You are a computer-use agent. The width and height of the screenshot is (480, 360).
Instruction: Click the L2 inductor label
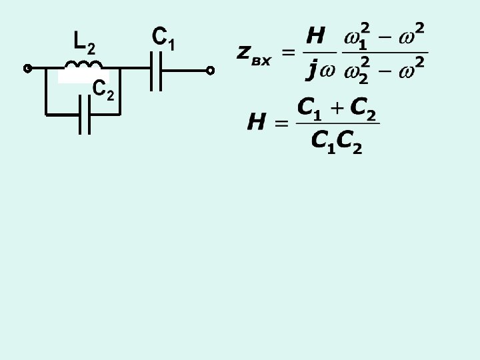pyautogui.click(x=84, y=43)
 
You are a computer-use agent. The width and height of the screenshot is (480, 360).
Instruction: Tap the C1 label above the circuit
pyautogui.click(x=163, y=38)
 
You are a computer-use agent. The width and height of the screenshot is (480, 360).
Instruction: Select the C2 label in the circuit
pyautogui.click(x=103, y=89)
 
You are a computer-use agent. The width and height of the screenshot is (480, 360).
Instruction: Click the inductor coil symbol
pyautogui.click(x=83, y=65)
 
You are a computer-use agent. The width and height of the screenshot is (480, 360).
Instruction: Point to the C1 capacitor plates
pyautogui.click(x=157, y=69)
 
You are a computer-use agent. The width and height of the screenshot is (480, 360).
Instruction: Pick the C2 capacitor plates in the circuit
pyautogui.click(x=85, y=114)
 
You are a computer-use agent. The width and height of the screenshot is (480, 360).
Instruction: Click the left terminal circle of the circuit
pyautogui.click(x=28, y=69)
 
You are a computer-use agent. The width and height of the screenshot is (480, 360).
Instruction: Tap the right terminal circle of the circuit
pyautogui.click(x=210, y=69)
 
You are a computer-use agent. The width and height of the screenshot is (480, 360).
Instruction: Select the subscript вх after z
pyautogui.click(x=261, y=61)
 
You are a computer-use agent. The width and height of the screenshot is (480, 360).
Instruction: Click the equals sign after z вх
pyautogui.click(x=289, y=53)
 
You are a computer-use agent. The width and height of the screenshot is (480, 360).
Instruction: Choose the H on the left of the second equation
pyautogui.click(x=257, y=123)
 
